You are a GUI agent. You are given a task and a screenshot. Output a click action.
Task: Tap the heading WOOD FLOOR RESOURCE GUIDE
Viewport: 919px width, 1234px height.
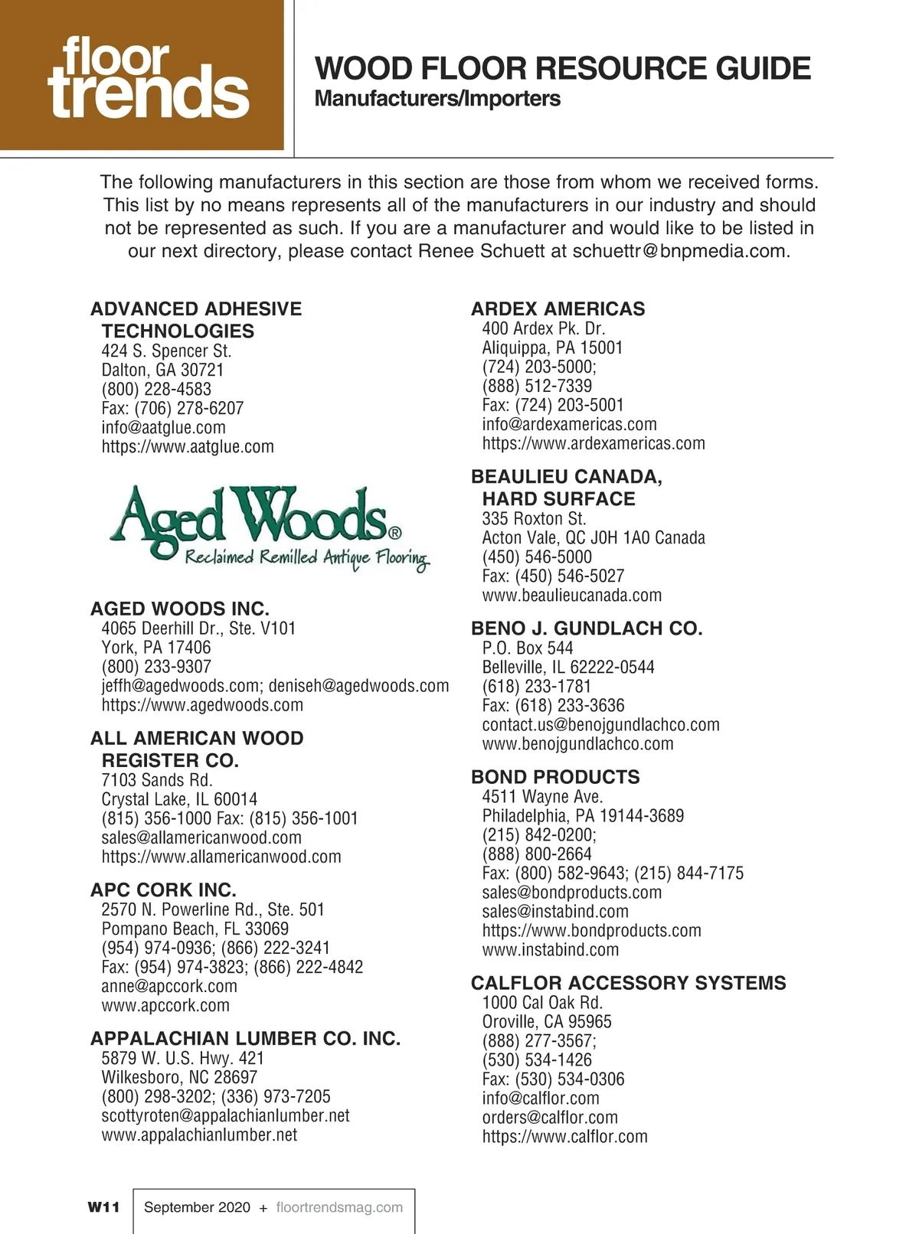pyautogui.click(x=562, y=69)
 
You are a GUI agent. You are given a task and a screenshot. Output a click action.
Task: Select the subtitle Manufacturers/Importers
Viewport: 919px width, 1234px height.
pyautogui.click(x=437, y=99)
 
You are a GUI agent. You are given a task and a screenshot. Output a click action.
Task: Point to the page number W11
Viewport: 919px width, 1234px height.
pyautogui.click(x=103, y=1207)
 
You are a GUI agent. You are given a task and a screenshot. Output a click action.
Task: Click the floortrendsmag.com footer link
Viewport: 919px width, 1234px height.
pyautogui.click(x=338, y=1207)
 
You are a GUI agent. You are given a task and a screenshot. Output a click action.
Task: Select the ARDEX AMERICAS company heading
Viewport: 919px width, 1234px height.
pyautogui.click(x=558, y=308)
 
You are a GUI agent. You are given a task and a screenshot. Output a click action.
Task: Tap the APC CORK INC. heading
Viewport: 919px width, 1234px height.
pyautogui.click(x=163, y=890)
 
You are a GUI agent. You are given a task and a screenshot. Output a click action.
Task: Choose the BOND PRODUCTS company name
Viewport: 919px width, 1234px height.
pyautogui.click(x=555, y=777)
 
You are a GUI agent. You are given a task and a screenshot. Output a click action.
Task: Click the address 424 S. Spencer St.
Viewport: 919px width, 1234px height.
pyautogui.click(x=166, y=351)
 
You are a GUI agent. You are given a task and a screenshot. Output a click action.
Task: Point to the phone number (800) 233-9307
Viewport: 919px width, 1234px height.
pyautogui.click(x=156, y=667)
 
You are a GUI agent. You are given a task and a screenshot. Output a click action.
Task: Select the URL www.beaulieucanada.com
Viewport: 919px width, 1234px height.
pyautogui.click(x=571, y=595)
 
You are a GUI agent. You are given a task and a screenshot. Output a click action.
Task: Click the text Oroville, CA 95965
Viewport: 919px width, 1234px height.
pyautogui.click(x=547, y=1021)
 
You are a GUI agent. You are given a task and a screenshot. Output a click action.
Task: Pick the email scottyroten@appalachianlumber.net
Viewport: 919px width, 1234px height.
pyautogui.click(x=225, y=1115)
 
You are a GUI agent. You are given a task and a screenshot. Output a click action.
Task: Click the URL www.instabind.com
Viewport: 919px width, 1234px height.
pyautogui.click(x=550, y=949)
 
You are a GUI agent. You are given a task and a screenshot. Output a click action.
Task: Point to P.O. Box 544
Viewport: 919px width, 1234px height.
pyautogui.click(x=527, y=648)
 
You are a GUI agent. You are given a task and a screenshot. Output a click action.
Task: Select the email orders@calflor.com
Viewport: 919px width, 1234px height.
pyautogui.click(x=549, y=1117)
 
